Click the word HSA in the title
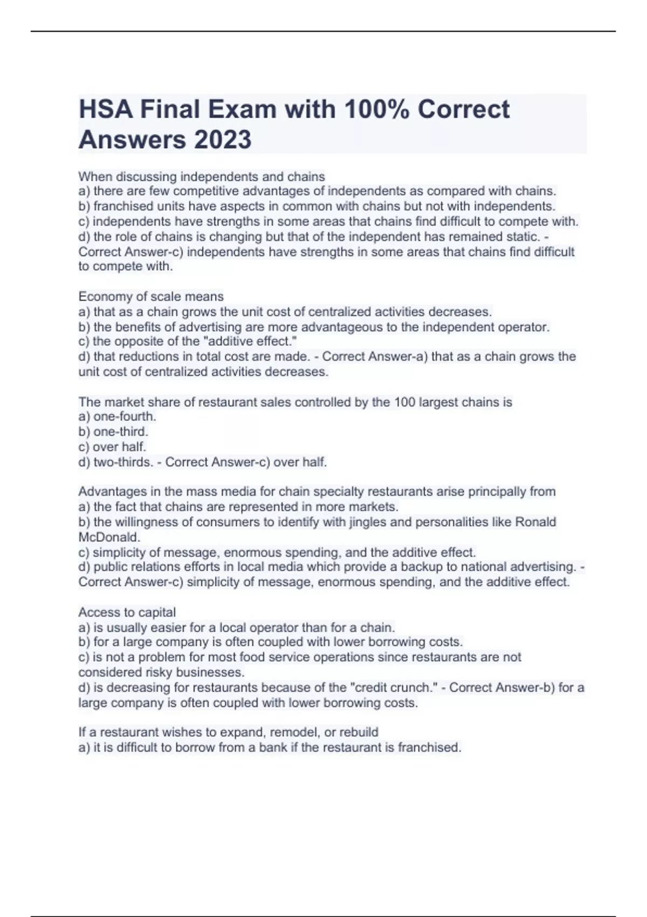[x=106, y=110]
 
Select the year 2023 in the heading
[x=222, y=140]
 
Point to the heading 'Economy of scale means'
[x=151, y=297]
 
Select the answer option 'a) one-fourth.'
[x=117, y=416]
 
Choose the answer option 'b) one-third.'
[x=113, y=432]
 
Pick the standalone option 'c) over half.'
[x=112, y=447]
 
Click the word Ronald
[x=535, y=522]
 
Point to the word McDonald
[x=108, y=537]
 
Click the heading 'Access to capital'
[x=127, y=612]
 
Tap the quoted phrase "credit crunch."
[x=394, y=688]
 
